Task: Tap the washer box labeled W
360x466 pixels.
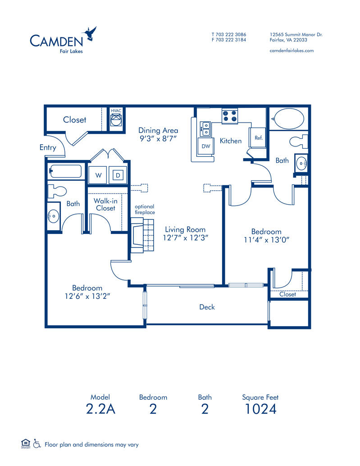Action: coord(97,175)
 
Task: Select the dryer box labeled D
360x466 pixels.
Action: coord(117,175)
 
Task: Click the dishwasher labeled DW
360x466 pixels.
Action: coord(206,146)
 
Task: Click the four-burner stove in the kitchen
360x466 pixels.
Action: coord(230,116)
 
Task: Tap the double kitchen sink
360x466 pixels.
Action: coord(205,128)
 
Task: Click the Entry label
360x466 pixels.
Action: coord(48,147)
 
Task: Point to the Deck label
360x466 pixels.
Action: coord(207,307)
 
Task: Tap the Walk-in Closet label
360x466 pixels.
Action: coord(105,204)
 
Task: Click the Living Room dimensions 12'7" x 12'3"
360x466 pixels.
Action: coord(185,238)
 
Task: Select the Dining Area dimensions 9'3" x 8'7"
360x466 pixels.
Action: coord(158,139)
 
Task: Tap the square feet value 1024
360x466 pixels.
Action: coord(260,409)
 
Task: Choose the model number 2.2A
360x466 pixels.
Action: coord(100,409)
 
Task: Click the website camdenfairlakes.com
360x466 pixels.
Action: coord(291,50)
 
